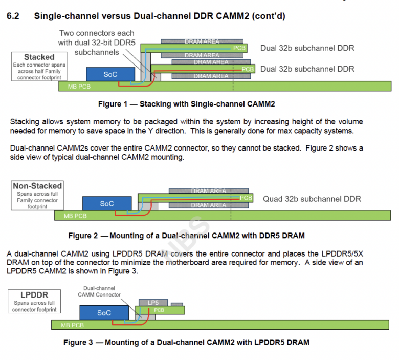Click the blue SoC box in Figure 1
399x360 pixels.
coord(110,75)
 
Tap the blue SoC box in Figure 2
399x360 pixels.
coord(106,204)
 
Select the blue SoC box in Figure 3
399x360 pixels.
coord(104,313)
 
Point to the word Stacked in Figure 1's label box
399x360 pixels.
coord(39,57)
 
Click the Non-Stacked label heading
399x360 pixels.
coord(38,186)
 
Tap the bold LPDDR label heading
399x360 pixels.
coord(34,296)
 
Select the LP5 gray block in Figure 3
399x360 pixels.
coord(153,303)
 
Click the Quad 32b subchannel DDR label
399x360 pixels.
coord(312,199)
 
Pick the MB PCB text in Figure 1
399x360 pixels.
coord(79,87)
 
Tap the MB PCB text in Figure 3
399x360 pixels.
coord(73,325)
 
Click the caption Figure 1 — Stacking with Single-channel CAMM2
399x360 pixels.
coord(186,104)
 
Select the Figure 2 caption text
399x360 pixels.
coord(186,236)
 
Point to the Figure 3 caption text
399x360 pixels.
coord(186,342)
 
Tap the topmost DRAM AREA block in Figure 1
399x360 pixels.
coord(202,41)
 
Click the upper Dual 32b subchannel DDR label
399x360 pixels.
coord(307,48)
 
